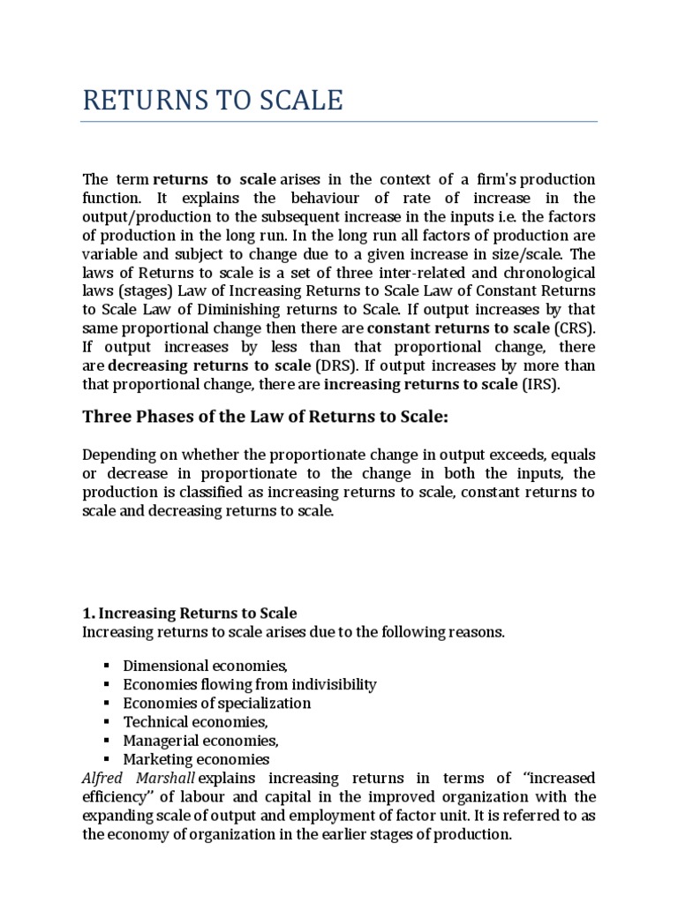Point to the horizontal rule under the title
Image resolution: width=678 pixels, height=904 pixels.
[x=339, y=122]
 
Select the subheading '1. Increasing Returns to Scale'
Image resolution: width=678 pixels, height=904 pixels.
[x=189, y=613]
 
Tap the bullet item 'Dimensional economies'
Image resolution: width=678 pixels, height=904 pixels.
[x=206, y=666]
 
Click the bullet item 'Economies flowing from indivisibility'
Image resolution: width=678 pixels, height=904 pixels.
[x=250, y=684]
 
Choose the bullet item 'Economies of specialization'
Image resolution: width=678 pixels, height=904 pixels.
[x=217, y=703]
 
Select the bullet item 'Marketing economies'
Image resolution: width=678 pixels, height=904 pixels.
[x=196, y=759]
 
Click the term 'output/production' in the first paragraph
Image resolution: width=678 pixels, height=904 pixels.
[x=137, y=216]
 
